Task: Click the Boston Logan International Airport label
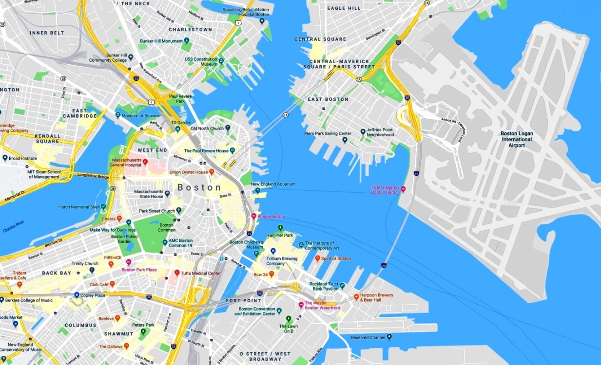[517, 139]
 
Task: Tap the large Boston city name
[199, 187]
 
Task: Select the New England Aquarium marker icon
[257, 191]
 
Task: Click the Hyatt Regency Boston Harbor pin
[403, 189]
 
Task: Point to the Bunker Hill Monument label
[161, 41]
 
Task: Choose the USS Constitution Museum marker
[221, 61]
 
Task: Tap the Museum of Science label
[141, 116]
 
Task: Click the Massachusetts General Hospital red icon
[145, 161]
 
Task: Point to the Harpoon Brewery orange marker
[356, 296]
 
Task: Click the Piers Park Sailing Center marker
[345, 140]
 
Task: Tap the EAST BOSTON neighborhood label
[328, 99]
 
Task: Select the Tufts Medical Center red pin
[177, 273]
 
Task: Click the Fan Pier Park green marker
[280, 228]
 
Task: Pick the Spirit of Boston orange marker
[317, 258]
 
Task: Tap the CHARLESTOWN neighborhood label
[190, 30]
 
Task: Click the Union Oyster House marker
[212, 172]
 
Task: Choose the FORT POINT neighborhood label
[243, 301]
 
